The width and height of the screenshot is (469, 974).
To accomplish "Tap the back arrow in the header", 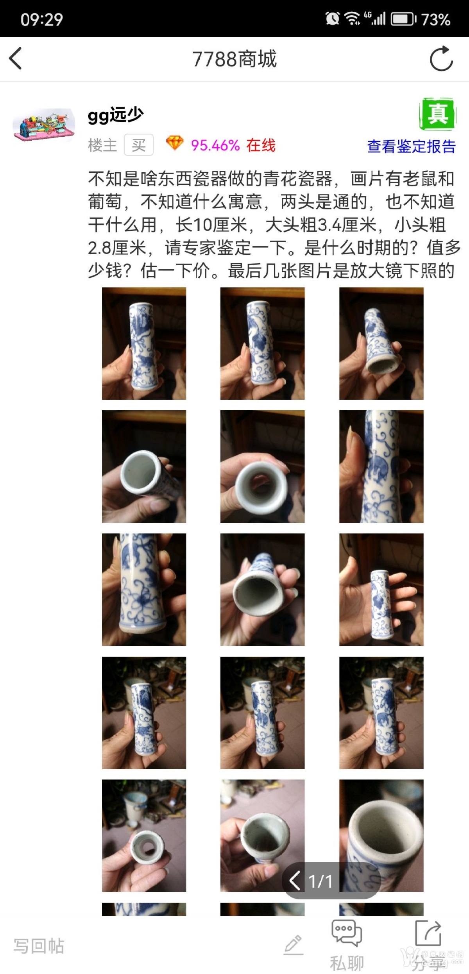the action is tap(15, 59).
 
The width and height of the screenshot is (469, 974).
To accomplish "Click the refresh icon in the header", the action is tap(441, 59).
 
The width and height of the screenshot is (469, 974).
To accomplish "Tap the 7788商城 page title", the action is tap(234, 59).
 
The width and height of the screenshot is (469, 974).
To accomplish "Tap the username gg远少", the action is tap(116, 115).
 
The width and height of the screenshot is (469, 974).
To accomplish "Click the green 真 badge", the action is tap(438, 114).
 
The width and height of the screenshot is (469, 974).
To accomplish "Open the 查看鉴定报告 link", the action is tap(412, 147).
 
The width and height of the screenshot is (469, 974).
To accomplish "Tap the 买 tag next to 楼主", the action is tap(139, 145).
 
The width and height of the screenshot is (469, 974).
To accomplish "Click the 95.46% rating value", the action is tap(215, 145).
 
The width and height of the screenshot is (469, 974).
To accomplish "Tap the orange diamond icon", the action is tap(175, 143).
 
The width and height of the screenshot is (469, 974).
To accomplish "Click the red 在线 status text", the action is tap(261, 145).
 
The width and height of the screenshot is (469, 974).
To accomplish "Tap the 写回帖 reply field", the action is tap(39, 946).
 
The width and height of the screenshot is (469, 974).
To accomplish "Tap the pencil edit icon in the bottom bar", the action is tap(294, 945).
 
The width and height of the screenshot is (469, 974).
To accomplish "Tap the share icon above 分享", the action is tap(428, 933).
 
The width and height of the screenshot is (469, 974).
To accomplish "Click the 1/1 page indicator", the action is tap(320, 881).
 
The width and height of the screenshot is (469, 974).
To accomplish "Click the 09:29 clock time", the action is tap(42, 19).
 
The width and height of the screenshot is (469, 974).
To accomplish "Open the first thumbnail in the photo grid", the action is tap(144, 343).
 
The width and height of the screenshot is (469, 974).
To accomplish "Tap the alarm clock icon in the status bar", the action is tap(332, 18).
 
